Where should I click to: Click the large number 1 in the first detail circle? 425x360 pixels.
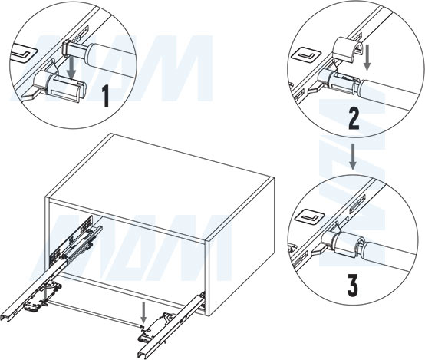pyautogui.click(x=106, y=96)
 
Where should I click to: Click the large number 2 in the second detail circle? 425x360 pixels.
pyautogui.click(x=354, y=119)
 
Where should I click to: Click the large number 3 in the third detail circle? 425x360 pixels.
pyautogui.click(x=352, y=286)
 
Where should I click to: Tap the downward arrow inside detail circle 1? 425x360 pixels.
pyautogui.click(x=71, y=67)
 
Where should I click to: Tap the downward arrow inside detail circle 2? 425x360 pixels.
pyautogui.click(x=367, y=58)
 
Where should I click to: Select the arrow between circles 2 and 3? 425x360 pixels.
pyautogui.click(x=352, y=157)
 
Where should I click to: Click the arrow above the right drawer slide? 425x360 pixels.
pyautogui.click(x=143, y=314)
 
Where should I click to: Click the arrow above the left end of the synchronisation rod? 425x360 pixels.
pyautogui.click(x=44, y=294)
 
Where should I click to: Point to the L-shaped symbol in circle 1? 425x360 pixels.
pyautogui.click(x=25, y=53)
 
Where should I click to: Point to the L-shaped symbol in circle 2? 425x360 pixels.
pyautogui.click(x=307, y=56)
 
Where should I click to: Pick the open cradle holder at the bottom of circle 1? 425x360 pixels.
pyautogui.click(x=61, y=85)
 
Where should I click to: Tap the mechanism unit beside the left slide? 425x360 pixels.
pyautogui.click(x=42, y=296)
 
